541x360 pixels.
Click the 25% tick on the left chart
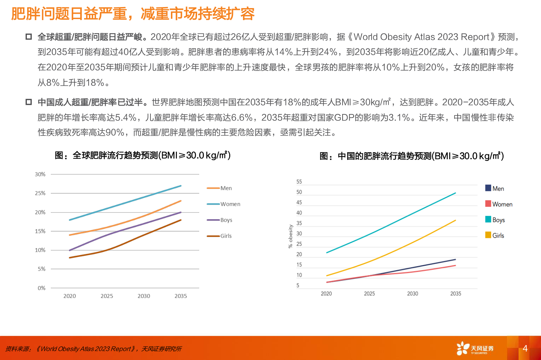click(x=40, y=193)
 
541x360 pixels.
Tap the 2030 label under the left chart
click(x=144, y=296)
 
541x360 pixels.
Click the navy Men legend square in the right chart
click(x=488, y=188)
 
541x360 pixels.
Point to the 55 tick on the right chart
click(x=299, y=182)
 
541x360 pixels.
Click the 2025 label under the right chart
click(x=369, y=294)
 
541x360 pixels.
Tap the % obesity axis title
click(x=291, y=236)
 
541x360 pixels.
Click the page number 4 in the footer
click(x=525, y=348)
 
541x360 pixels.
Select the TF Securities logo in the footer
click(x=475, y=348)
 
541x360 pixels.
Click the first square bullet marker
click(x=29, y=37)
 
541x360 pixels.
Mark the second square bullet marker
click(x=29, y=102)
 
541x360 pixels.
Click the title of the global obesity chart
click(x=142, y=155)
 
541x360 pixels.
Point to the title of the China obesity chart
click(x=411, y=156)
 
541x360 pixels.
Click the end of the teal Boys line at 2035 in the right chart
click(x=456, y=193)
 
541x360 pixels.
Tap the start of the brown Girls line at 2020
click(x=70, y=258)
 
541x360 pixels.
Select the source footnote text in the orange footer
click(x=94, y=349)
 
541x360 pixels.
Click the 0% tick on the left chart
click(x=41, y=288)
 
